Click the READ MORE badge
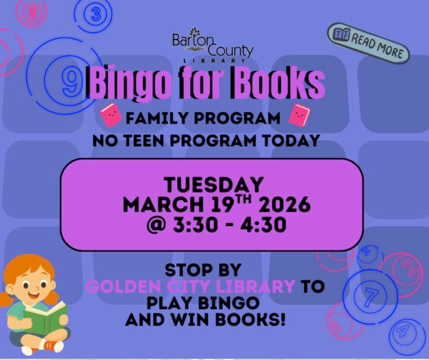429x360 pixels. pos(368,44)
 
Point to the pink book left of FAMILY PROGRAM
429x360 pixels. pos(111,115)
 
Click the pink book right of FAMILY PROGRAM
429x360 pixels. pos(299,115)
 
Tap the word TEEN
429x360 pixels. pos(145,141)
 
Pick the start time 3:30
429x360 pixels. pos(195,225)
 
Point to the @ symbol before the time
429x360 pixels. pos(156,226)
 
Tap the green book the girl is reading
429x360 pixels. pos(45,317)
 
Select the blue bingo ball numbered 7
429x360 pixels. pos(370,297)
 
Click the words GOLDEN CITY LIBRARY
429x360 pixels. pos(191,286)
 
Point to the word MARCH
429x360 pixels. pos(164,205)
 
